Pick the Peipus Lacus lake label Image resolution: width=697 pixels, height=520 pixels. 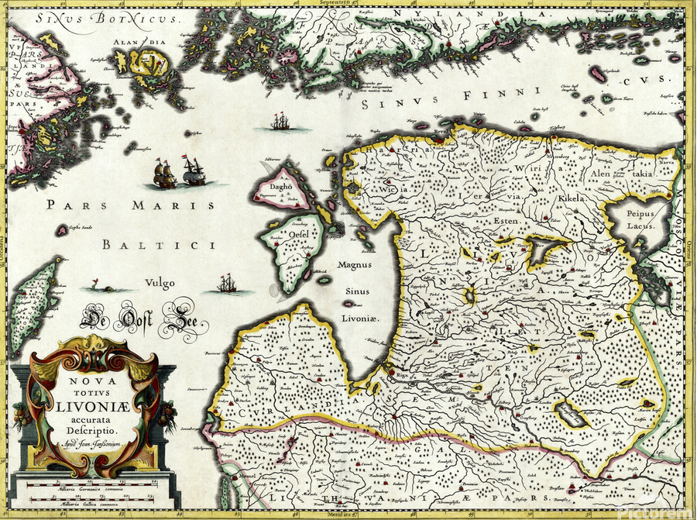[x=640, y=219]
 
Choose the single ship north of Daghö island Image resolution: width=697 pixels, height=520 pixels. [x=280, y=122]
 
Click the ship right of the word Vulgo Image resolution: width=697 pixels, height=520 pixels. [x=227, y=284]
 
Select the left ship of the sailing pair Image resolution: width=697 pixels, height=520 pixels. [x=164, y=174]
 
